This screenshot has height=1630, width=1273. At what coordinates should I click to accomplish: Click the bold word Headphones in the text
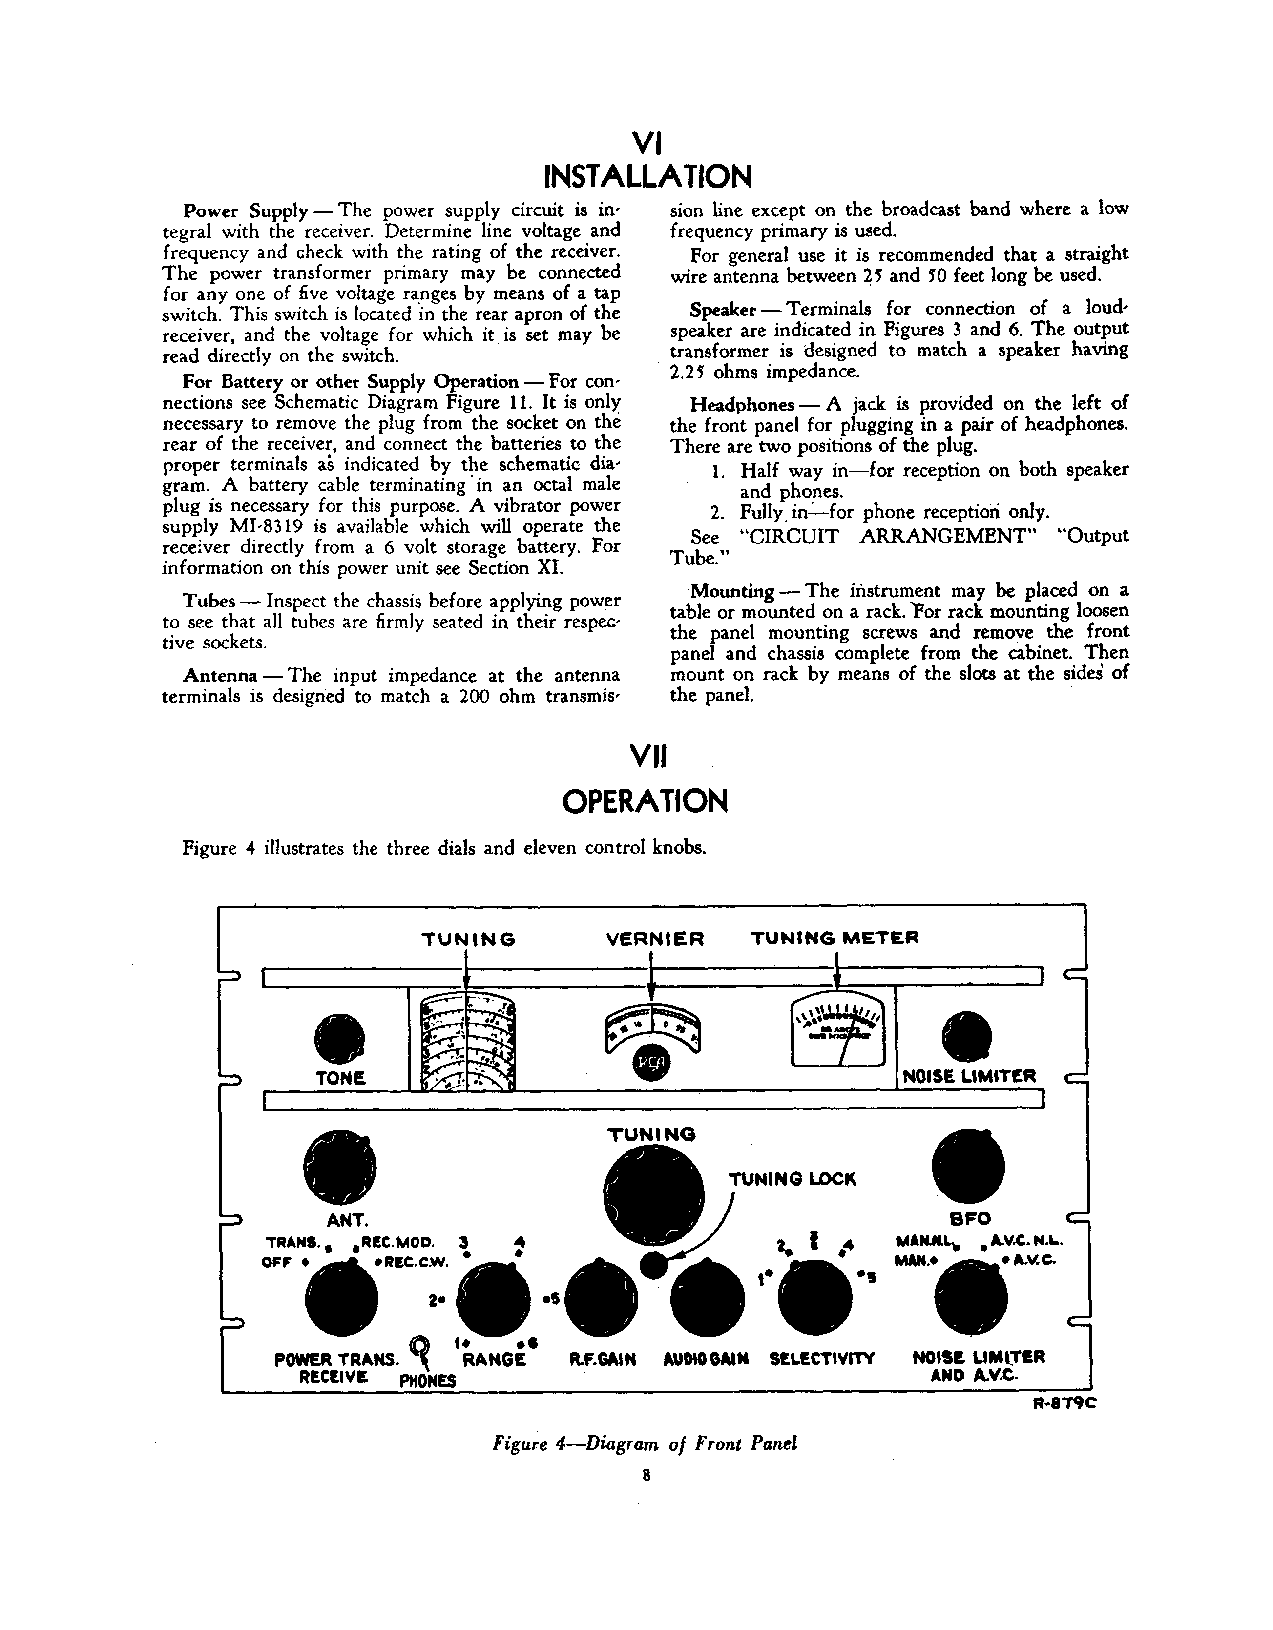click(x=742, y=405)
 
